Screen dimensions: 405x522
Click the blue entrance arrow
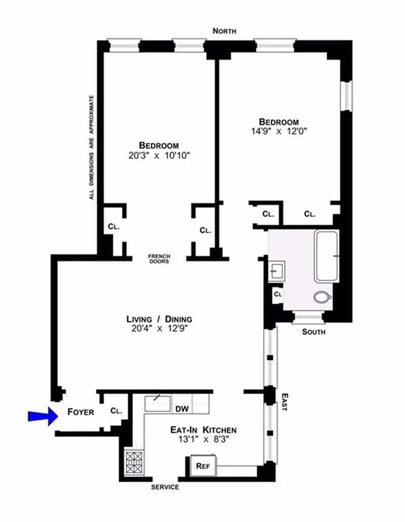click(43, 416)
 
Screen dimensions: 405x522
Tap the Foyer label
click(80, 412)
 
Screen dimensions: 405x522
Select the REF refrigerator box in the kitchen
click(203, 466)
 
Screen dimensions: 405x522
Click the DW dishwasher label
click(182, 409)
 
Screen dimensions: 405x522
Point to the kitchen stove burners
click(134, 462)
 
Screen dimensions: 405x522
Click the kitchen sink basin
click(157, 404)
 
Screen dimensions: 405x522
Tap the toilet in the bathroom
click(322, 297)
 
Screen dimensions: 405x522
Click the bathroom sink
click(276, 271)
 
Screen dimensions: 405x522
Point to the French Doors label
click(159, 258)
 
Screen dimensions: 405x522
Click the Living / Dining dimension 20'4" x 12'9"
click(159, 329)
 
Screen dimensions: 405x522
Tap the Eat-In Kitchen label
click(204, 430)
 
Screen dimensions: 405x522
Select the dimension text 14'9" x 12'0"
click(279, 131)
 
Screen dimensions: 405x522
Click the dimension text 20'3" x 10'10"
click(159, 155)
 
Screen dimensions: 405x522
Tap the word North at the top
click(224, 31)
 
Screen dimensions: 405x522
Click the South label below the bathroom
click(313, 332)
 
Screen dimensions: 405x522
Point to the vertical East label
click(285, 402)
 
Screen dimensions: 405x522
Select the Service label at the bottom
click(165, 487)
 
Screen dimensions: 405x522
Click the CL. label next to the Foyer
click(116, 411)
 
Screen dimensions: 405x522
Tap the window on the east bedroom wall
click(347, 96)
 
